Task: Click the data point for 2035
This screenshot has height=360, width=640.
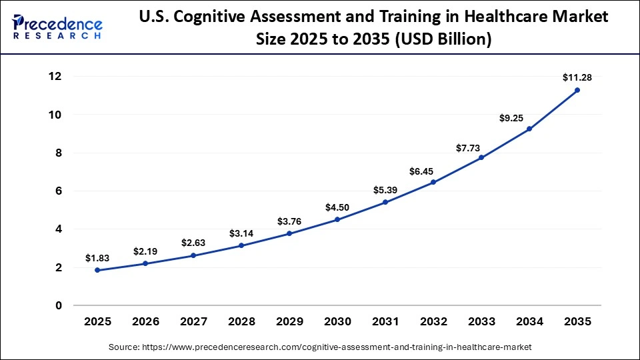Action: click(577, 90)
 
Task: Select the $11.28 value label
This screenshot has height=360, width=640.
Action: click(577, 78)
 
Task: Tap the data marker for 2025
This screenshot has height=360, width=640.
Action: click(97, 270)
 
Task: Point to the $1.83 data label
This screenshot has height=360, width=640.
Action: click(97, 258)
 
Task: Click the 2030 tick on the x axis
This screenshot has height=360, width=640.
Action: click(337, 321)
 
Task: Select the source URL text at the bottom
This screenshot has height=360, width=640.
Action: click(320, 347)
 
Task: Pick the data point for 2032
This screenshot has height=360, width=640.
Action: click(433, 182)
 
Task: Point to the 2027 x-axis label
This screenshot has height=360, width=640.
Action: click(193, 321)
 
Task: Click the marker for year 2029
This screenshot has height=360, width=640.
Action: click(289, 233)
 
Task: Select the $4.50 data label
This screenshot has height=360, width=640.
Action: click(337, 207)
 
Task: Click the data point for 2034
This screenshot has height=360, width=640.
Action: click(529, 129)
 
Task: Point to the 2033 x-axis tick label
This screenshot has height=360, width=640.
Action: click(481, 321)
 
